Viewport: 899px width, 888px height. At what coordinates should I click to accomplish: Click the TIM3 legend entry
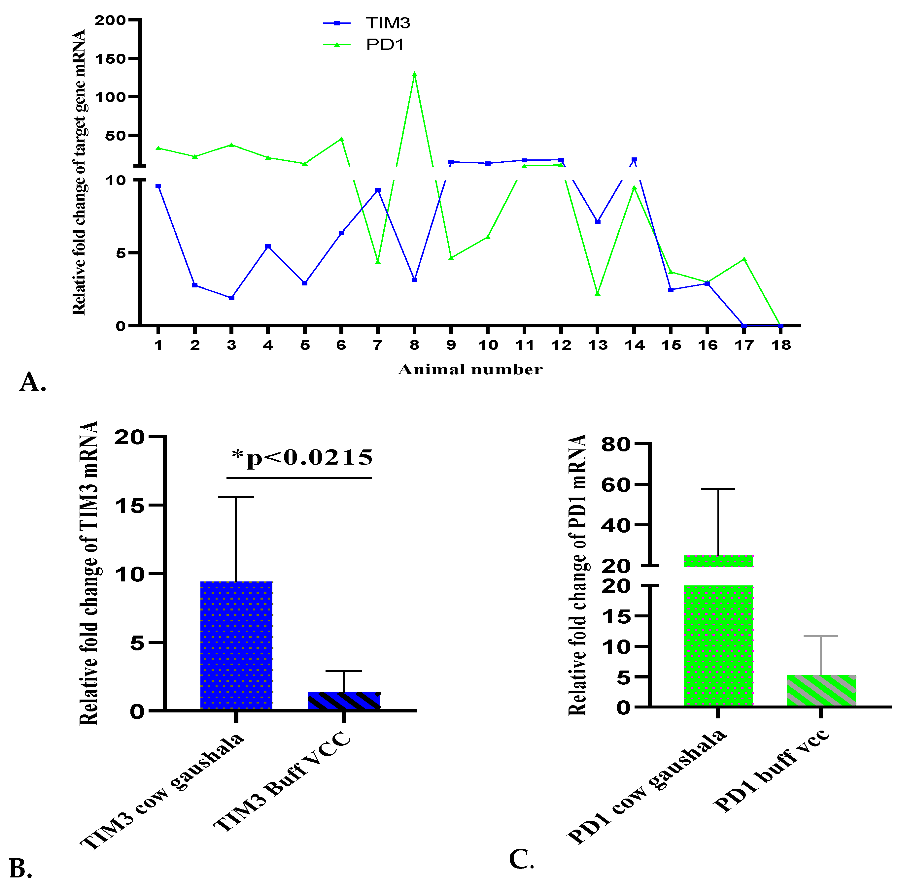[x=387, y=23]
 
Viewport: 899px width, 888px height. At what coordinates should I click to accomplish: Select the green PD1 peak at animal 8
[x=414, y=75]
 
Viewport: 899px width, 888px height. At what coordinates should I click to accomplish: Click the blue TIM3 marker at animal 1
[x=158, y=186]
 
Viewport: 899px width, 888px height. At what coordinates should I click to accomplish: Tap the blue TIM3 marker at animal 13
[x=598, y=222]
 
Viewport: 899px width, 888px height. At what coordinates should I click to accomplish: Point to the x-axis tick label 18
[x=781, y=345]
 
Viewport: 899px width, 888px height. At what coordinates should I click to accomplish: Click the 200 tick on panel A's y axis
[x=110, y=20]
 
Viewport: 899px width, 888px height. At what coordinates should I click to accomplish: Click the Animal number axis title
[x=470, y=369]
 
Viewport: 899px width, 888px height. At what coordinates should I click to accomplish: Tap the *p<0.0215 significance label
[x=302, y=458]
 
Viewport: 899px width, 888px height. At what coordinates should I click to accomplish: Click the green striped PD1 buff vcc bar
[x=821, y=690]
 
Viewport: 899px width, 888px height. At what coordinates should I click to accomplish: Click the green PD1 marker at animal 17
[x=744, y=259]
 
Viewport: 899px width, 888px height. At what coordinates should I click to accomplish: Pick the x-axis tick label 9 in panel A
[x=451, y=345]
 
